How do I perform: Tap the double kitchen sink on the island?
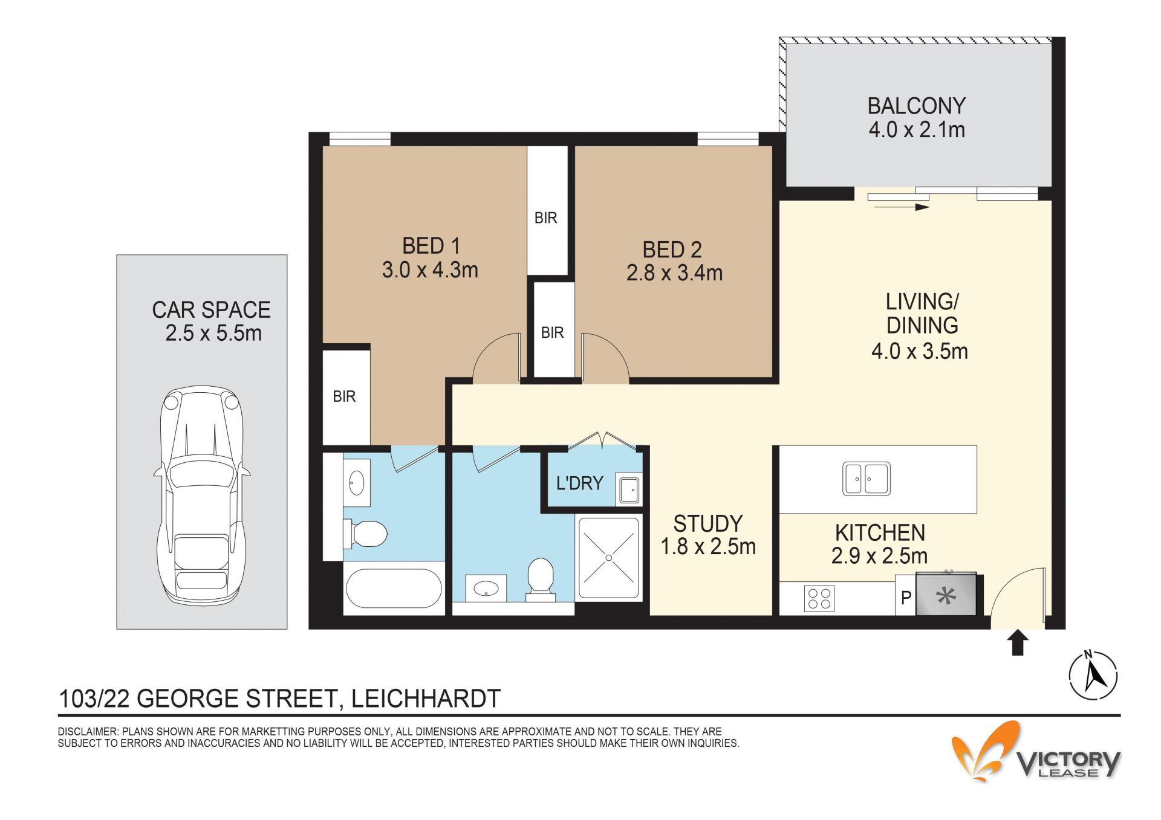pos(867,479)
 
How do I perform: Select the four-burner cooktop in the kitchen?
pos(819,598)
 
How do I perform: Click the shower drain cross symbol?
pos(609,558)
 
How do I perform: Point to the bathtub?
pos(394,589)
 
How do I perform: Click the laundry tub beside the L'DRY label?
pos(629,489)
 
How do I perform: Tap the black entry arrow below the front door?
pos(1018,642)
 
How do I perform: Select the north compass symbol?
pos(1093,675)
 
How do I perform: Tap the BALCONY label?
pos(916,106)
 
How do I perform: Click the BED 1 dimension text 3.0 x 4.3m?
pos(430,270)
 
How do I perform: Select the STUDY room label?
pos(707,523)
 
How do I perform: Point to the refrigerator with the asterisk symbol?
pos(946,595)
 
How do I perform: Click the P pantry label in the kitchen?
pos(906,598)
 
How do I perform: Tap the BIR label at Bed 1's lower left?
pos(344,396)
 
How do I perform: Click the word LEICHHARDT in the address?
pos(426,699)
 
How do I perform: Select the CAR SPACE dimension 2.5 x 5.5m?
pos(213,333)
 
